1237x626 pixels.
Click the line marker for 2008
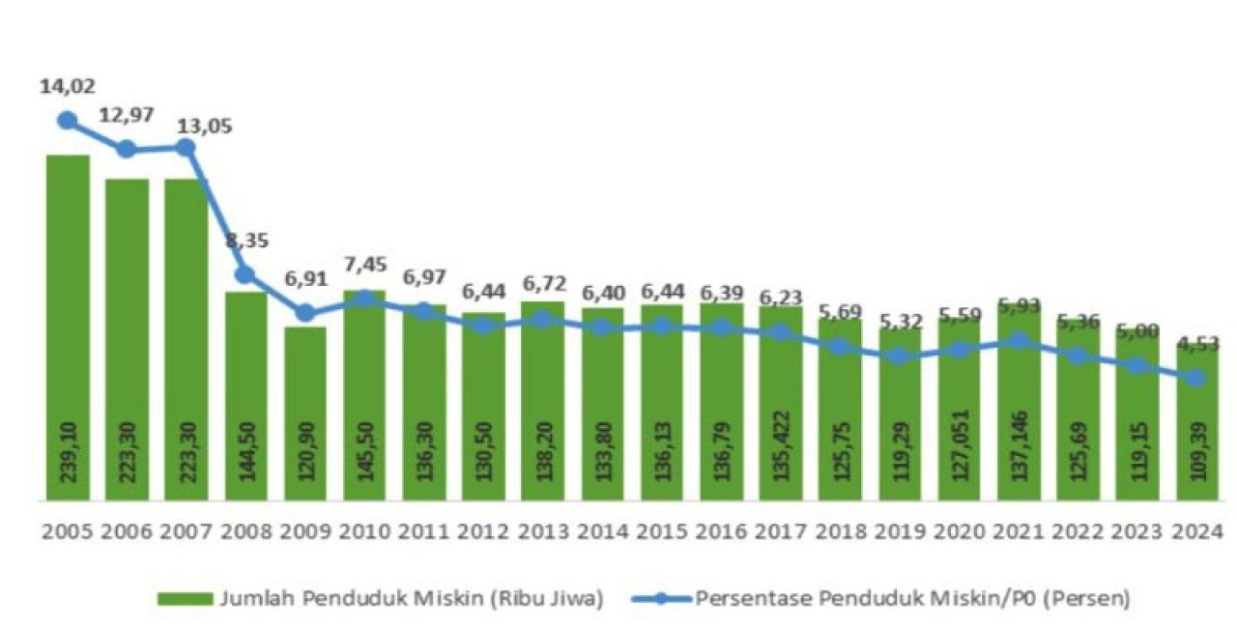(245, 274)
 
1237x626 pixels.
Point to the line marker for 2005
(68, 120)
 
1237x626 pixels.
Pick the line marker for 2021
(1018, 340)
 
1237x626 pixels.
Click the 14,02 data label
(68, 86)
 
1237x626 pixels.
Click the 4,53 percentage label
(1196, 343)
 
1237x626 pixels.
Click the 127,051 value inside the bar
(959, 453)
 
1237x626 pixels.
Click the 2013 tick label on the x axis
(543, 531)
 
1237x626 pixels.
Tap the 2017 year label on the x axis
(781, 531)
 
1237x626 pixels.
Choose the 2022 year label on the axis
(1078, 531)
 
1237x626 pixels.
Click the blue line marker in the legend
(660, 599)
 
